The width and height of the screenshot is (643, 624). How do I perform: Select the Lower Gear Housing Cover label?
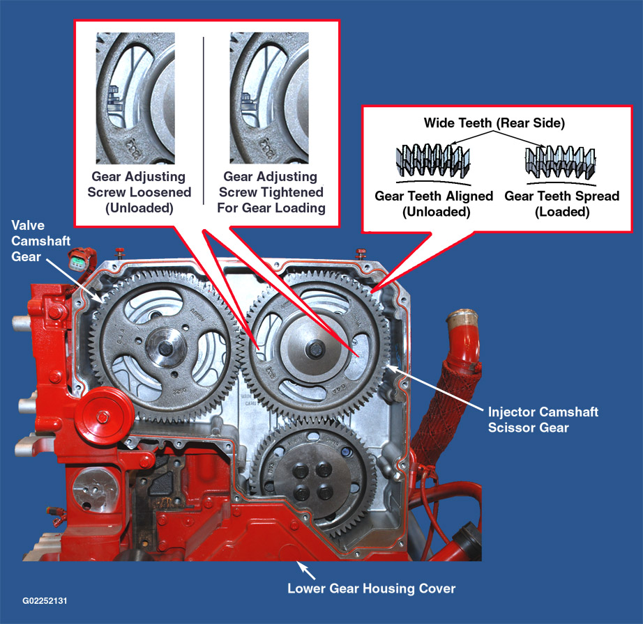(x=371, y=588)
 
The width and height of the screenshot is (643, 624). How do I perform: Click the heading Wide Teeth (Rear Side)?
(x=494, y=123)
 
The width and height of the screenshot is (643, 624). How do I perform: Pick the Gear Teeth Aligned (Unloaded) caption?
(x=434, y=203)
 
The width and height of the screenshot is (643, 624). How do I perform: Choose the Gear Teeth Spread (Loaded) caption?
(x=561, y=203)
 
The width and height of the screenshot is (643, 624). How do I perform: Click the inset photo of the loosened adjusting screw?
(x=135, y=97)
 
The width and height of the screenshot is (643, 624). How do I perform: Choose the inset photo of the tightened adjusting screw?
(x=268, y=97)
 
